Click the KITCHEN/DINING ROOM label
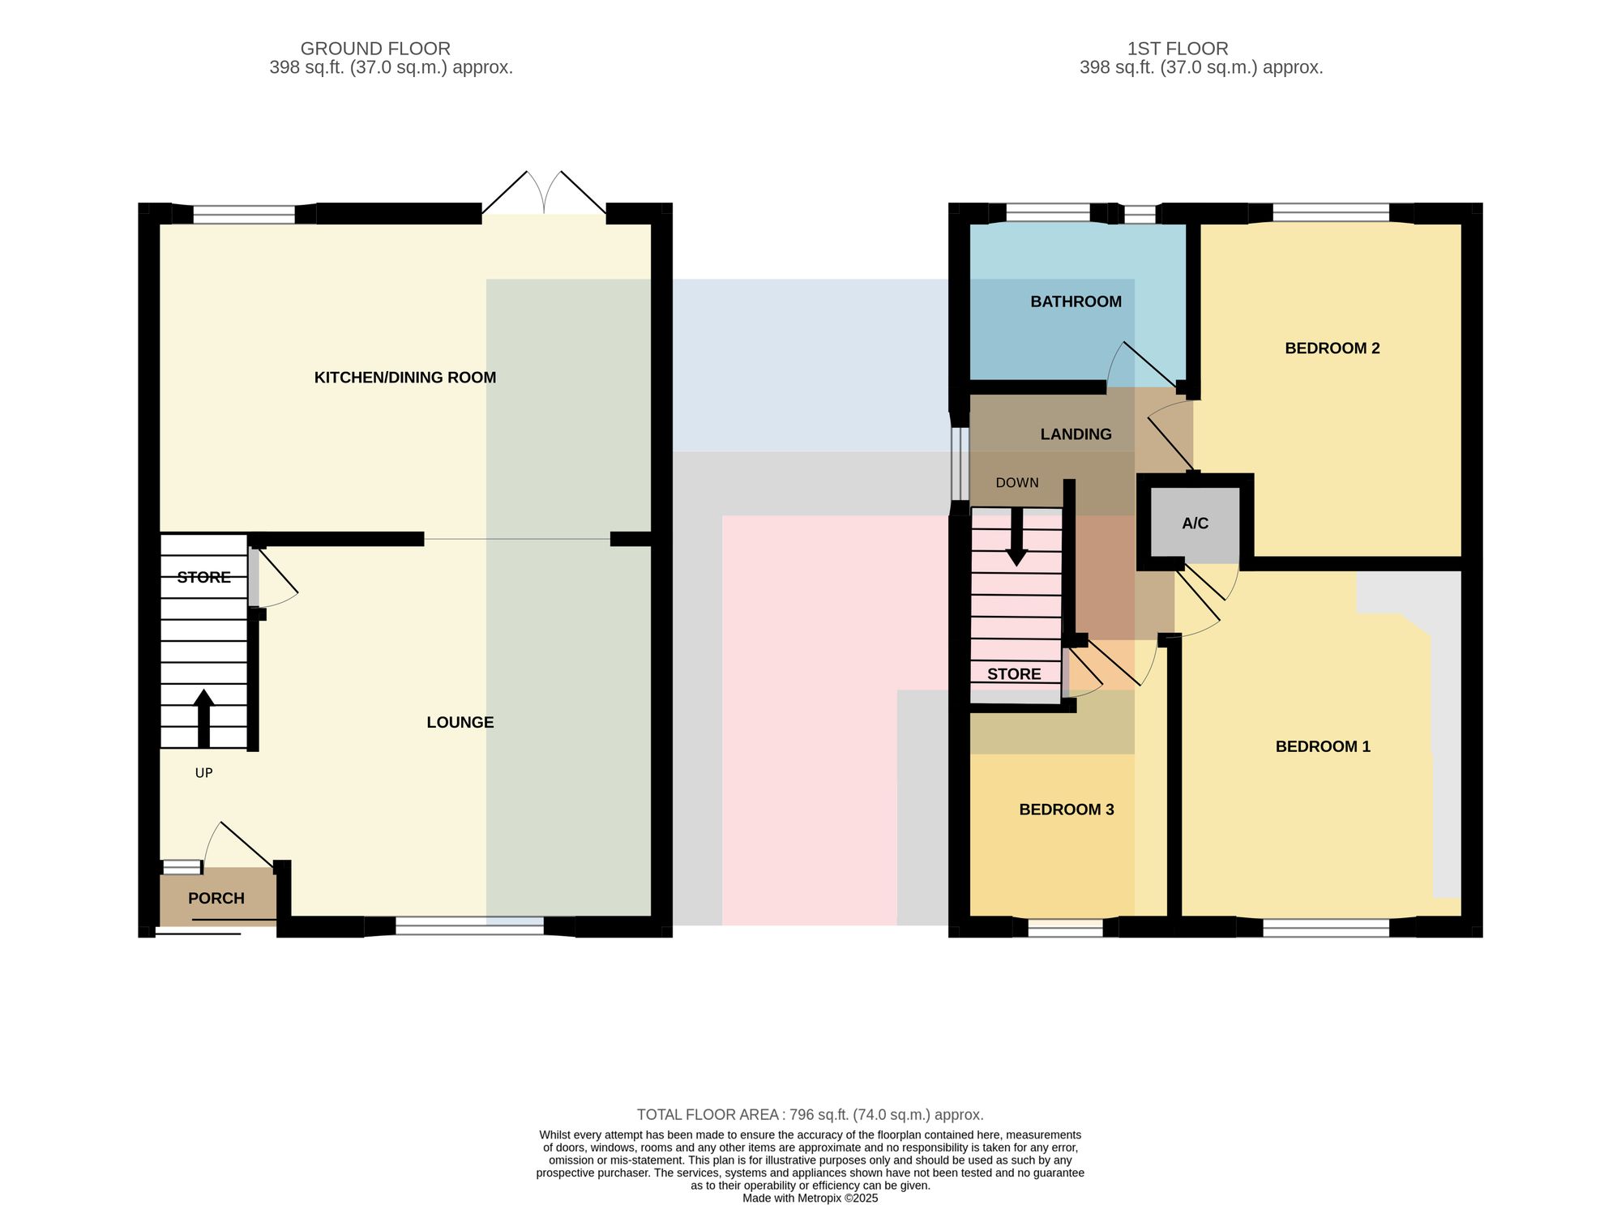(x=405, y=378)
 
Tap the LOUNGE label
(x=460, y=723)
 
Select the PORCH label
(x=216, y=899)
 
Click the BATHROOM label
(x=1076, y=302)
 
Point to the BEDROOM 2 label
(x=1332, y=348)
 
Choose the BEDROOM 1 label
(x=1323, y=747)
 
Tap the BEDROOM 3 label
(x=1067, y=810)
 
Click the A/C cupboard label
(x=1195, y=524)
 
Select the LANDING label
(x=1076, y=435)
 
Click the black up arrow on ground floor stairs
(x=203, y=719)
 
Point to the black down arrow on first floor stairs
(x=1016, y=537)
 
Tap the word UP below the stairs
(x=204, y=773)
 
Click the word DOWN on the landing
(x=1017, y=483)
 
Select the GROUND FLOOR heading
(x=375, y=49)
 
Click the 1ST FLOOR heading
(x=1178, y=49)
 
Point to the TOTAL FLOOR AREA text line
(x=810, y=1115)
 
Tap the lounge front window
(x=469, y=926)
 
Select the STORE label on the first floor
(x=1014, y=675)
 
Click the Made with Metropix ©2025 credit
(x=810, y=1199)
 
